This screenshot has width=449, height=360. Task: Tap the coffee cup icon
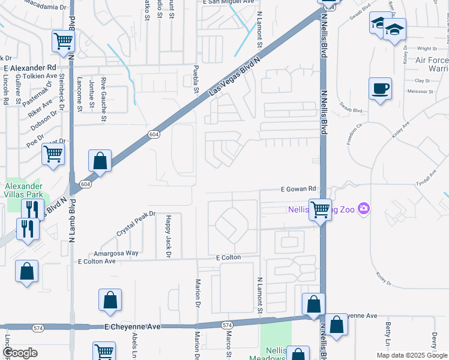click(380, 89)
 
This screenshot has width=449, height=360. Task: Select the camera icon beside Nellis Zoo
click(363, 209)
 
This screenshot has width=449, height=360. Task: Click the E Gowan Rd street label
click(299, 189)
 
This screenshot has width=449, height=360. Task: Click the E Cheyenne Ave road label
click(133, 327)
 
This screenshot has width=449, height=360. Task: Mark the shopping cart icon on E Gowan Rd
click(321, 209)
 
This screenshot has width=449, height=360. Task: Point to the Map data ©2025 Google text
click(412, 355)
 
